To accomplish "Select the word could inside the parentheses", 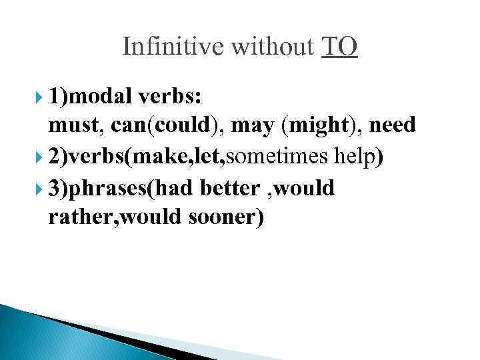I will tap(175, 125).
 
